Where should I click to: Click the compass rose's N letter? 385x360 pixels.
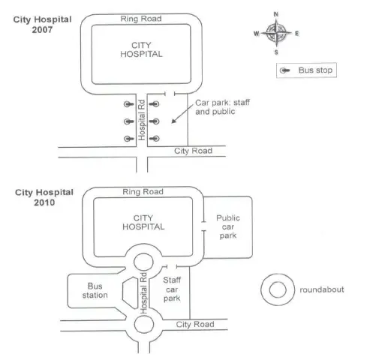[276, 14]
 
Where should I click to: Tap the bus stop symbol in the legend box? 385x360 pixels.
[284, 70]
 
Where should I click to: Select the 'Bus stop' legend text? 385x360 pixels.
[315, 70]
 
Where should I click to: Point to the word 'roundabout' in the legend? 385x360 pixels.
[322, 289]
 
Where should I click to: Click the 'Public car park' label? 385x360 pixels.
[228, 226]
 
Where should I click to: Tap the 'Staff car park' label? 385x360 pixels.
[172, 289]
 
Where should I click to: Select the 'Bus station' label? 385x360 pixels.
[95, 290]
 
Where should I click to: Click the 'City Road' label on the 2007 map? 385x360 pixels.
[193, 151]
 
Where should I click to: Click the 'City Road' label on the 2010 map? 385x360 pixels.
[195, 324]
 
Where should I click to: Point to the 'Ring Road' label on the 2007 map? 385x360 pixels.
[141, 19]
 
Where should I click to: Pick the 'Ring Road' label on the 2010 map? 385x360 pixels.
[143, 192]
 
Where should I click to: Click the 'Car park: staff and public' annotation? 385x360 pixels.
[222, 107]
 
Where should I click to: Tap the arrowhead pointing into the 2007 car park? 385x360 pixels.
[173, 121]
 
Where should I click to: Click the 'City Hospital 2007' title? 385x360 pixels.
[42, 25]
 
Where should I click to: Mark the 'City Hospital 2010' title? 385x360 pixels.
[44, 197]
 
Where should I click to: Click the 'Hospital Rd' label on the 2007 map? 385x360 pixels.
[142, 120]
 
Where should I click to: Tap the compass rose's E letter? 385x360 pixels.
[296, 33]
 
